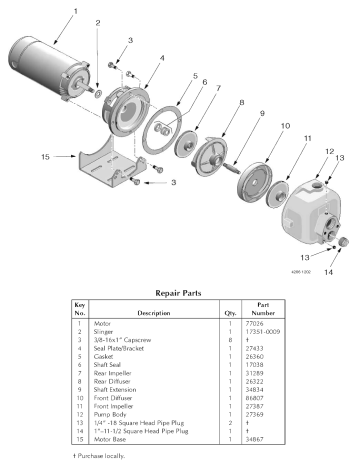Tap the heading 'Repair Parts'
pyautogui.click(x=180, y=293)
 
